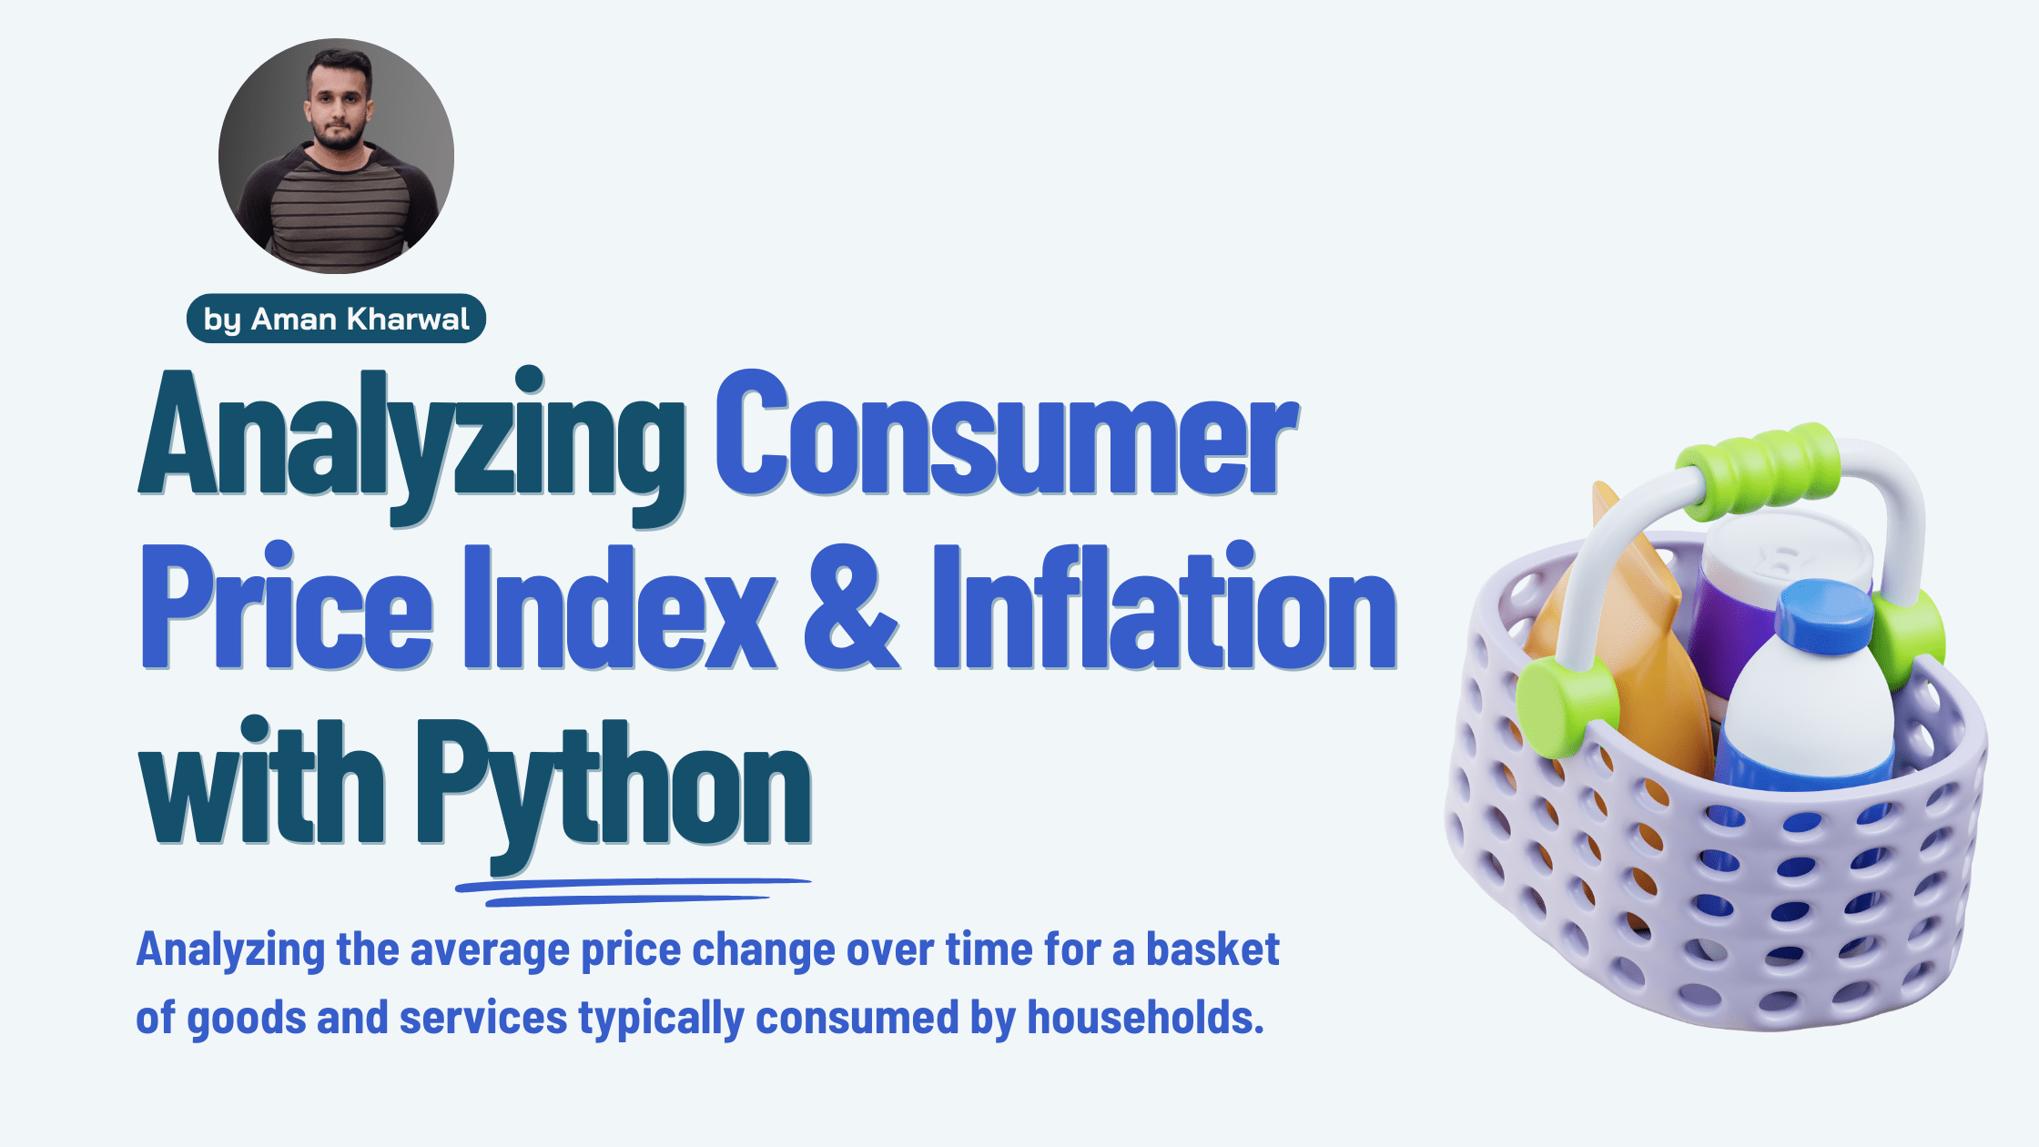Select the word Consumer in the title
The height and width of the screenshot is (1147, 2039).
point(1006,437)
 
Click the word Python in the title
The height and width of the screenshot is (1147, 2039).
point(614,783)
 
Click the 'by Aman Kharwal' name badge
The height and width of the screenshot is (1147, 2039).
point(336,319)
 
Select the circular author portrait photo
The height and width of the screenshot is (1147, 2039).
point(336,156)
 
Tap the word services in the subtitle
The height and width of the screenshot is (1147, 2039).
point(482,1017)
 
